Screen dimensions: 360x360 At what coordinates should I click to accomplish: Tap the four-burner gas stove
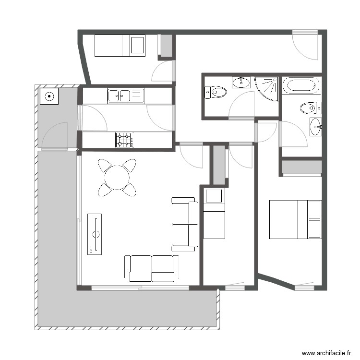click(124, 140)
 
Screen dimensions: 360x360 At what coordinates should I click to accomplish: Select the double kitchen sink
click(120, 96)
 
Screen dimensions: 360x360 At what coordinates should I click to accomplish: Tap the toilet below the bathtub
click(309, 108)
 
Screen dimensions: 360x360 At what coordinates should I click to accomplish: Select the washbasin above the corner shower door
click(241, 82)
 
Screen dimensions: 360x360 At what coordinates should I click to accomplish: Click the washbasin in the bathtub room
click(316, 127)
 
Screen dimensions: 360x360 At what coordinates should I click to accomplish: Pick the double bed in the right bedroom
click(295, 220)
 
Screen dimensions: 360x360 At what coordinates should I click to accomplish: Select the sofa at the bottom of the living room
click(151, 268)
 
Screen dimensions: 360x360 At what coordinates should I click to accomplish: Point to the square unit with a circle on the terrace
click(49, 96)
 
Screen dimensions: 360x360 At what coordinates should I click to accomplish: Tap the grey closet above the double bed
click(301, 167)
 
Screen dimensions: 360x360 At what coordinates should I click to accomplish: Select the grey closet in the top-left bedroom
click(166, 46)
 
